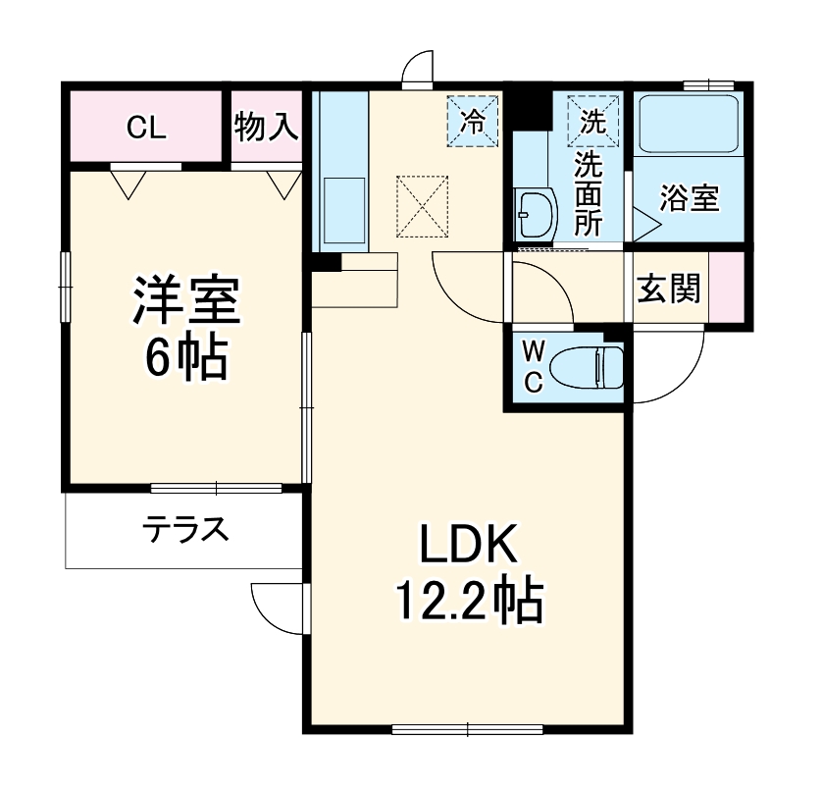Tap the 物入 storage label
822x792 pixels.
tap(266, 127)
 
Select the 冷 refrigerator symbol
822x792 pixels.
tap(473, 121)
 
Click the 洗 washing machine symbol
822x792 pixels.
tap(592, 121)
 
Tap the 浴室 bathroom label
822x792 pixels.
tap(689, 198)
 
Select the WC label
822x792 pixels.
tap(532, 366)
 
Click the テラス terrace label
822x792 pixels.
tap(185, 531)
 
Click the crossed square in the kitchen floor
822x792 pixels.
tap(422, 206)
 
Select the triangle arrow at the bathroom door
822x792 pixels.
tap(646, 223)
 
